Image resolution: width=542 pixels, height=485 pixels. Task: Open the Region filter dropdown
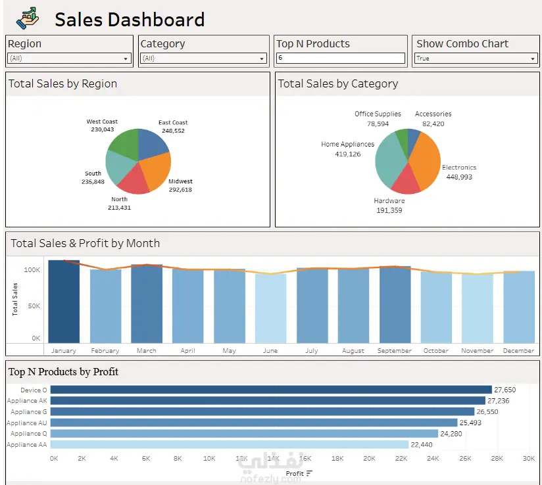tap(69, 58)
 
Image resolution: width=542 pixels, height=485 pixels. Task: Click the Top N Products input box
tap(341, 58)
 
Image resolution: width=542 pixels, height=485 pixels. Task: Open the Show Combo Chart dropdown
tap(476, 58)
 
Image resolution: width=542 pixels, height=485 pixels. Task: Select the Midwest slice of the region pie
tap(157, 170)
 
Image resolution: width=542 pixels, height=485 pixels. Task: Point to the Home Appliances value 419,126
tap(348, 154)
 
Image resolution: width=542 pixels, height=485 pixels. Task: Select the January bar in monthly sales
tap(64, 302)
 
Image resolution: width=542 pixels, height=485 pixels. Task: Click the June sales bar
tap(270, 308)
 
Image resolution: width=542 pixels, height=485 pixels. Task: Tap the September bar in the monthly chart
tap(395, 304)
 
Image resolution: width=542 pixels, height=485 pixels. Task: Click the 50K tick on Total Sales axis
tap(34, 306)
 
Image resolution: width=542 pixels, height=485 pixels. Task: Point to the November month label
tap(478, 351)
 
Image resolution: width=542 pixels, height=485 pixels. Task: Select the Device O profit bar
tap(271, 390)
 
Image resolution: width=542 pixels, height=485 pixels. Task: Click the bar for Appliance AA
tap(230, 444)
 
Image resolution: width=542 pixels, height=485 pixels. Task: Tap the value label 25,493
tap(470, 423)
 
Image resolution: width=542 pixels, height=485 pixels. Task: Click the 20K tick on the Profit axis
tap(369, 459)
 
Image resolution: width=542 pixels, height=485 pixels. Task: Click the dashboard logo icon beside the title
tap(28, 18)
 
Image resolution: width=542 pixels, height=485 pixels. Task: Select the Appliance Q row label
tap(29, 434)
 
